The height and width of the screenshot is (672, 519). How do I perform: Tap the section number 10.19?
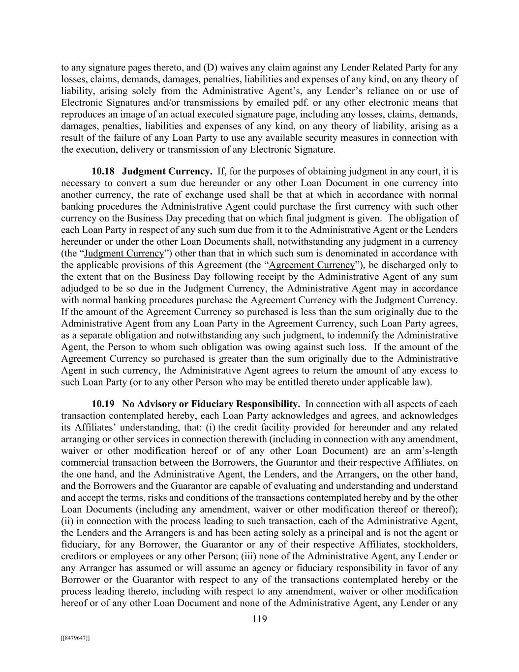tap(103, 404)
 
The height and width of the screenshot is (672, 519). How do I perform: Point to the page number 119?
tap(259, 619)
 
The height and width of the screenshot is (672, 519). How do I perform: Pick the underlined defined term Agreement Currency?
tap(312, 265)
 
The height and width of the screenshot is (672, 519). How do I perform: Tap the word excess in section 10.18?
tap(427, 370)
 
